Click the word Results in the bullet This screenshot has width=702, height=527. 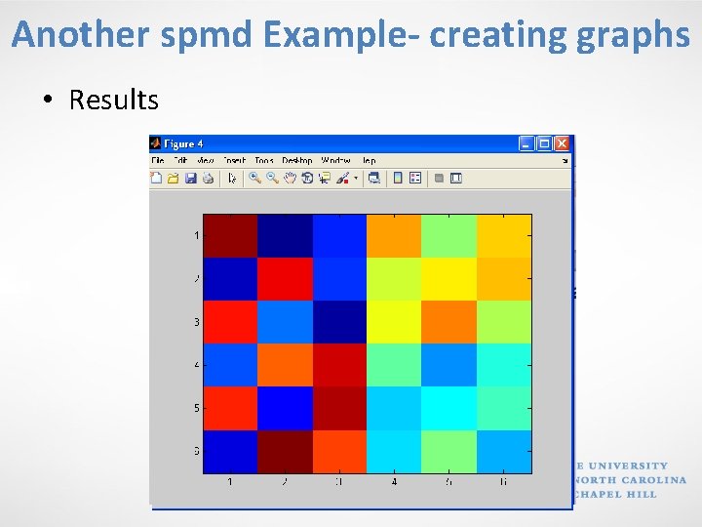click(113, 100)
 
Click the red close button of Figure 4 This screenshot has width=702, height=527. click(561, 142)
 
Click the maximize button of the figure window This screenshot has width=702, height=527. click(544, 142)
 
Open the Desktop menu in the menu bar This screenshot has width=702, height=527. click(296, 160)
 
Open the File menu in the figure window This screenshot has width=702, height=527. click(157, 160)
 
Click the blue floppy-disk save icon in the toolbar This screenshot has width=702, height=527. click(191, 178)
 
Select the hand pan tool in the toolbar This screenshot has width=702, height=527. click(290, 178)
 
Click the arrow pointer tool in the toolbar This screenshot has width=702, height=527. click(232, 178)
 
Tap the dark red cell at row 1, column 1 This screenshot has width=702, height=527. click(230, 235)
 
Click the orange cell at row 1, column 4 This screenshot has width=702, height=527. click(394, 235)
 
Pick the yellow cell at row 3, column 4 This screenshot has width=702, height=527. click(394, 322)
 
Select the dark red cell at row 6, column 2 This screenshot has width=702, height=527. click(285, 452)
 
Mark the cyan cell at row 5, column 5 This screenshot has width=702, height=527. click(448, 408)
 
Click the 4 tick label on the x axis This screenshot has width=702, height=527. click(394, 482)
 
